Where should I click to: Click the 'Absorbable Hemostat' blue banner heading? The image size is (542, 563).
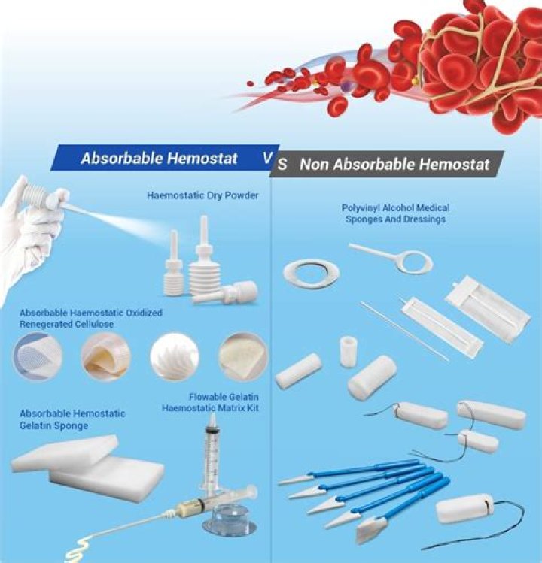[x=159, y=159]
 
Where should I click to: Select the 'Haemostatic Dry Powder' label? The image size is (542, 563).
[x=202, y=196]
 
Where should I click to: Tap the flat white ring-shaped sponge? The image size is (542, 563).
[x=311, y=273]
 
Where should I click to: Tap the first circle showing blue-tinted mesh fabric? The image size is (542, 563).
[x=38, y=356]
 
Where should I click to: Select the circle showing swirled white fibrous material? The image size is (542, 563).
[x=174, y=356]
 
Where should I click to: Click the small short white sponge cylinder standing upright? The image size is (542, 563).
[x=348, y=350]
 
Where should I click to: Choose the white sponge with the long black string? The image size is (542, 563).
[x=465, y=509]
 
